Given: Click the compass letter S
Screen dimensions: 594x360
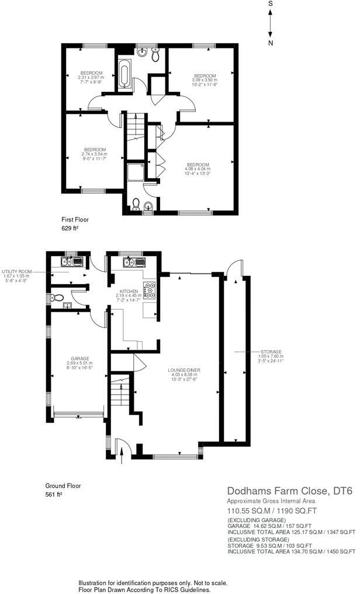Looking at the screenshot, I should (x=271, y=4).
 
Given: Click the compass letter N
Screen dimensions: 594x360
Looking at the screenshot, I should (x=271, y=43).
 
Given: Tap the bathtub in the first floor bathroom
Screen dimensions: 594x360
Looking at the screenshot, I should (x=126, y=75).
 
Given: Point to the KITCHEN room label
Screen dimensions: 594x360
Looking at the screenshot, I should (x=129, y=291).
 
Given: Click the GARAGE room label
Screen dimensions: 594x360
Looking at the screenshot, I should (x=79, y=359).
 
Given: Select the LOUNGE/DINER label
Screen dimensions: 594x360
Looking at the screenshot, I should (x=185, y=371).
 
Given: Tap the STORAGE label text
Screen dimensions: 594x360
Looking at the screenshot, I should (x=271, y=351).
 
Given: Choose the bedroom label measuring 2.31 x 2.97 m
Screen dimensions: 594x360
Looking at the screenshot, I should (x=91, y=72).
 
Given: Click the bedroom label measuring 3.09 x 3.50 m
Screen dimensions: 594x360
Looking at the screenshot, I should (x=205, y=76).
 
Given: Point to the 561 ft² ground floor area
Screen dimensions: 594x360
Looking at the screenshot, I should (x=54, y=494).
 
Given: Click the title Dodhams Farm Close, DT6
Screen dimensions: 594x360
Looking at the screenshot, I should (x=290, y=491).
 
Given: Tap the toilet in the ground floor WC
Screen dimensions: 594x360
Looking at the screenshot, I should (x=57, y=298).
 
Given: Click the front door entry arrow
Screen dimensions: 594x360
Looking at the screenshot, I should (x=120, y=451).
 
